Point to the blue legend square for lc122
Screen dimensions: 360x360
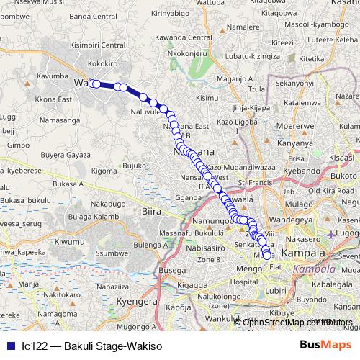coord(9,346)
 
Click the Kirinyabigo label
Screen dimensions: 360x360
coord(174,13)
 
